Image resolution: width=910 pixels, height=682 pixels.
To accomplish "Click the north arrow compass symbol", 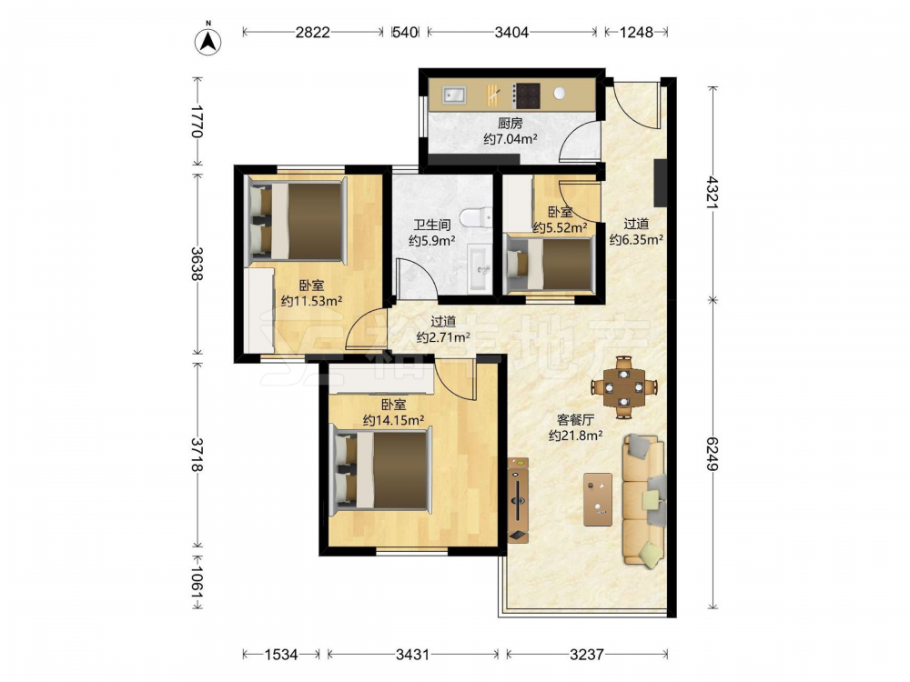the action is pos(207,41).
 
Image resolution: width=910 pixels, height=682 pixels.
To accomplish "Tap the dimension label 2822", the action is pos(313,33).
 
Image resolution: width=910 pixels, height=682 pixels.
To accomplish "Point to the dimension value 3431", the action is pos(412,655).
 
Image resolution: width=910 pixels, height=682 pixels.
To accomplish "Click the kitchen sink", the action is pos(454,95).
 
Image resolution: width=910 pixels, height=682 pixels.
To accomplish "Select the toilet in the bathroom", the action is pos(477,218).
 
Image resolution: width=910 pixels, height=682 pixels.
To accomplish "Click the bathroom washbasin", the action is pos(480,267).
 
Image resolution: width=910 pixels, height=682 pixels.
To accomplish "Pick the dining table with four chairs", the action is pos(624,386).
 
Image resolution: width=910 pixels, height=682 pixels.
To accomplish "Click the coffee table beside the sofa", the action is pos(598,499).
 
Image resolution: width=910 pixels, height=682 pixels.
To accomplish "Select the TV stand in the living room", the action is pos(518,500).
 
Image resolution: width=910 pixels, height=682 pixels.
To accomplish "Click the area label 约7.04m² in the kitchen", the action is pos(511,139).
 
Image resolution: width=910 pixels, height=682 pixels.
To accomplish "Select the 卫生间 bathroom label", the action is pos(431,225).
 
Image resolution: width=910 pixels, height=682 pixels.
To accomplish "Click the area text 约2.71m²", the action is pos(443,337).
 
